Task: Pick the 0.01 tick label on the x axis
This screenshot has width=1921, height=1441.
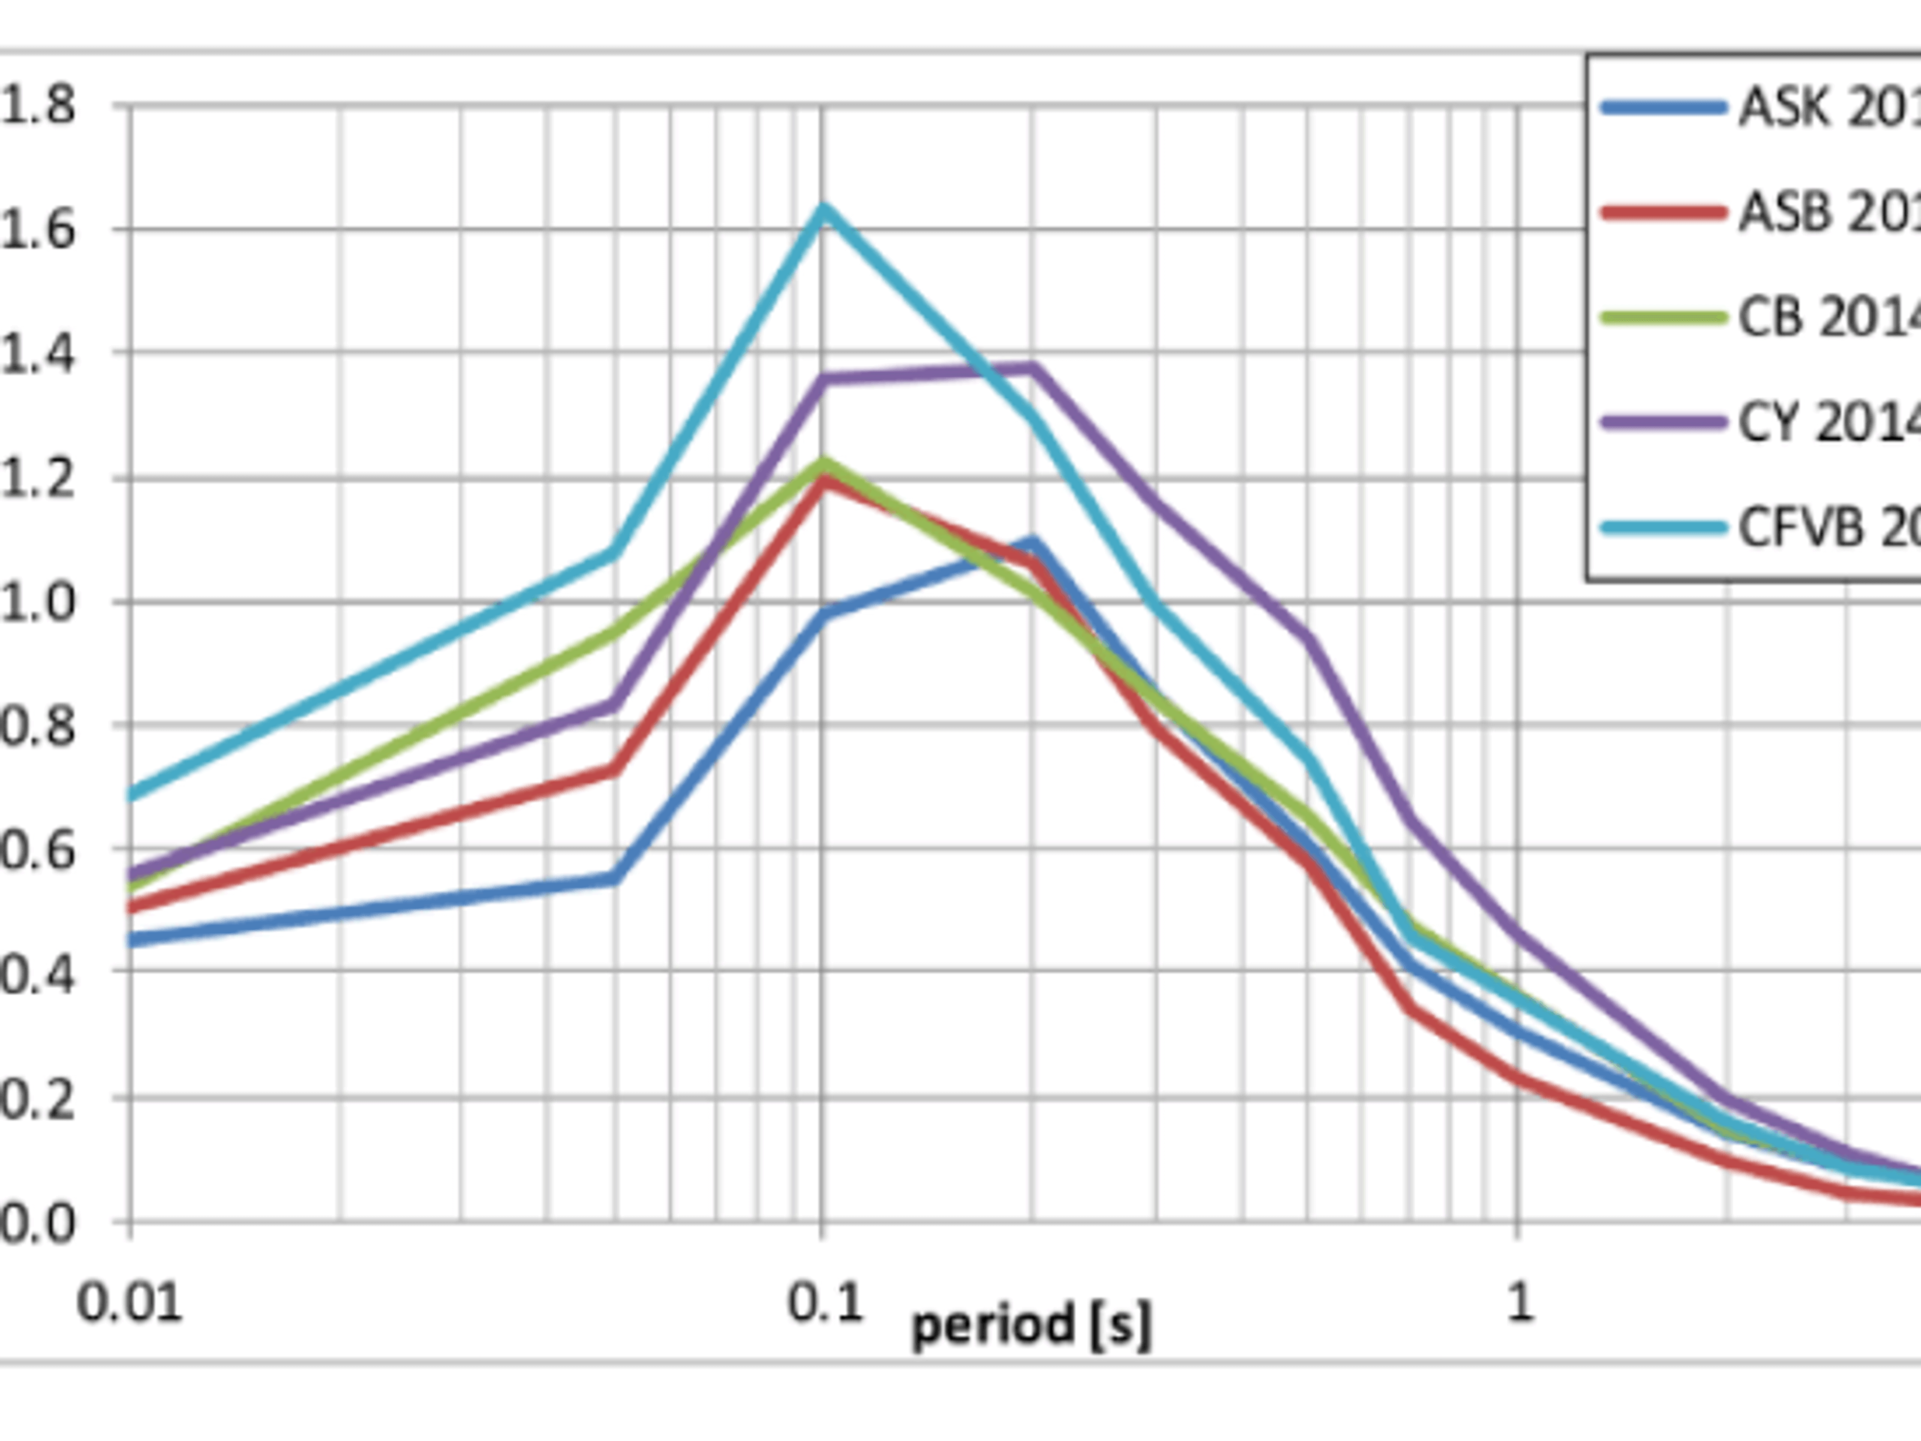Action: tap(130, 1303)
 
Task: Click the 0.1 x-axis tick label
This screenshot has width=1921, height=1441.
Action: tap(824, 1303)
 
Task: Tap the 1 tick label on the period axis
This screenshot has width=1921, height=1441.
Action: tap(1518, 1303)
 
